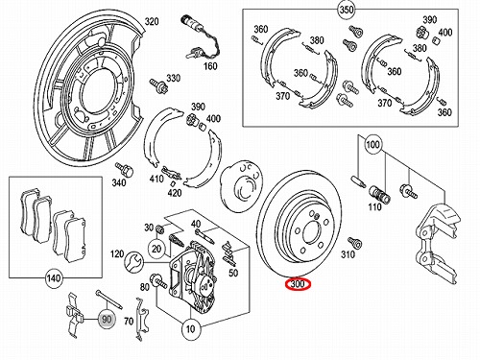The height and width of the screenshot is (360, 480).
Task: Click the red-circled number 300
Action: [298, 284]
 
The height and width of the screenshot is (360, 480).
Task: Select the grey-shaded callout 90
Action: [107, 319]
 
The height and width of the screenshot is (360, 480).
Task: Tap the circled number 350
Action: [347, 10]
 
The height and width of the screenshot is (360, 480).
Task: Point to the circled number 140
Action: [53, 277]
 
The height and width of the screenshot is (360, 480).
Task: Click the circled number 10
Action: [191, 328]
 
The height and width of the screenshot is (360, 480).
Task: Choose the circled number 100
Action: [372, 145]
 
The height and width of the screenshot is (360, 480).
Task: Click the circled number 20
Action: [156, 249]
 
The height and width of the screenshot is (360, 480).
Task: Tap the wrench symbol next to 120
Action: [132, 262]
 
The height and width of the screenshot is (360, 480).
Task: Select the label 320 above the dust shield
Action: [152, 21]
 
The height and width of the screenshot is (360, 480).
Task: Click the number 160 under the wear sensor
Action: [210, 66]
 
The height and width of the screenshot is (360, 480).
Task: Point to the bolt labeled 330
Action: [157, 84]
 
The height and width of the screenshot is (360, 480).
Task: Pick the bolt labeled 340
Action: [125, 169]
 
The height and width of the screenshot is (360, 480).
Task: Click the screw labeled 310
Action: [354, 243]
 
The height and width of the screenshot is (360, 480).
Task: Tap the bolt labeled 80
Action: [157, 280]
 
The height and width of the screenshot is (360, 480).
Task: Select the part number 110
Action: [374, 207]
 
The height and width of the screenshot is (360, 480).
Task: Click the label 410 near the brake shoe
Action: [156, 179]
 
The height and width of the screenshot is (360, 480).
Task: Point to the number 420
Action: [175, 193]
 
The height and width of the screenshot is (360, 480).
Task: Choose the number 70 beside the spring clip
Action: [129, 321]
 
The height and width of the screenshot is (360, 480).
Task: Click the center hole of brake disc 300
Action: [311, 233]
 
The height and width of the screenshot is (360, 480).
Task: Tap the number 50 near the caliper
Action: [233, 273]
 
